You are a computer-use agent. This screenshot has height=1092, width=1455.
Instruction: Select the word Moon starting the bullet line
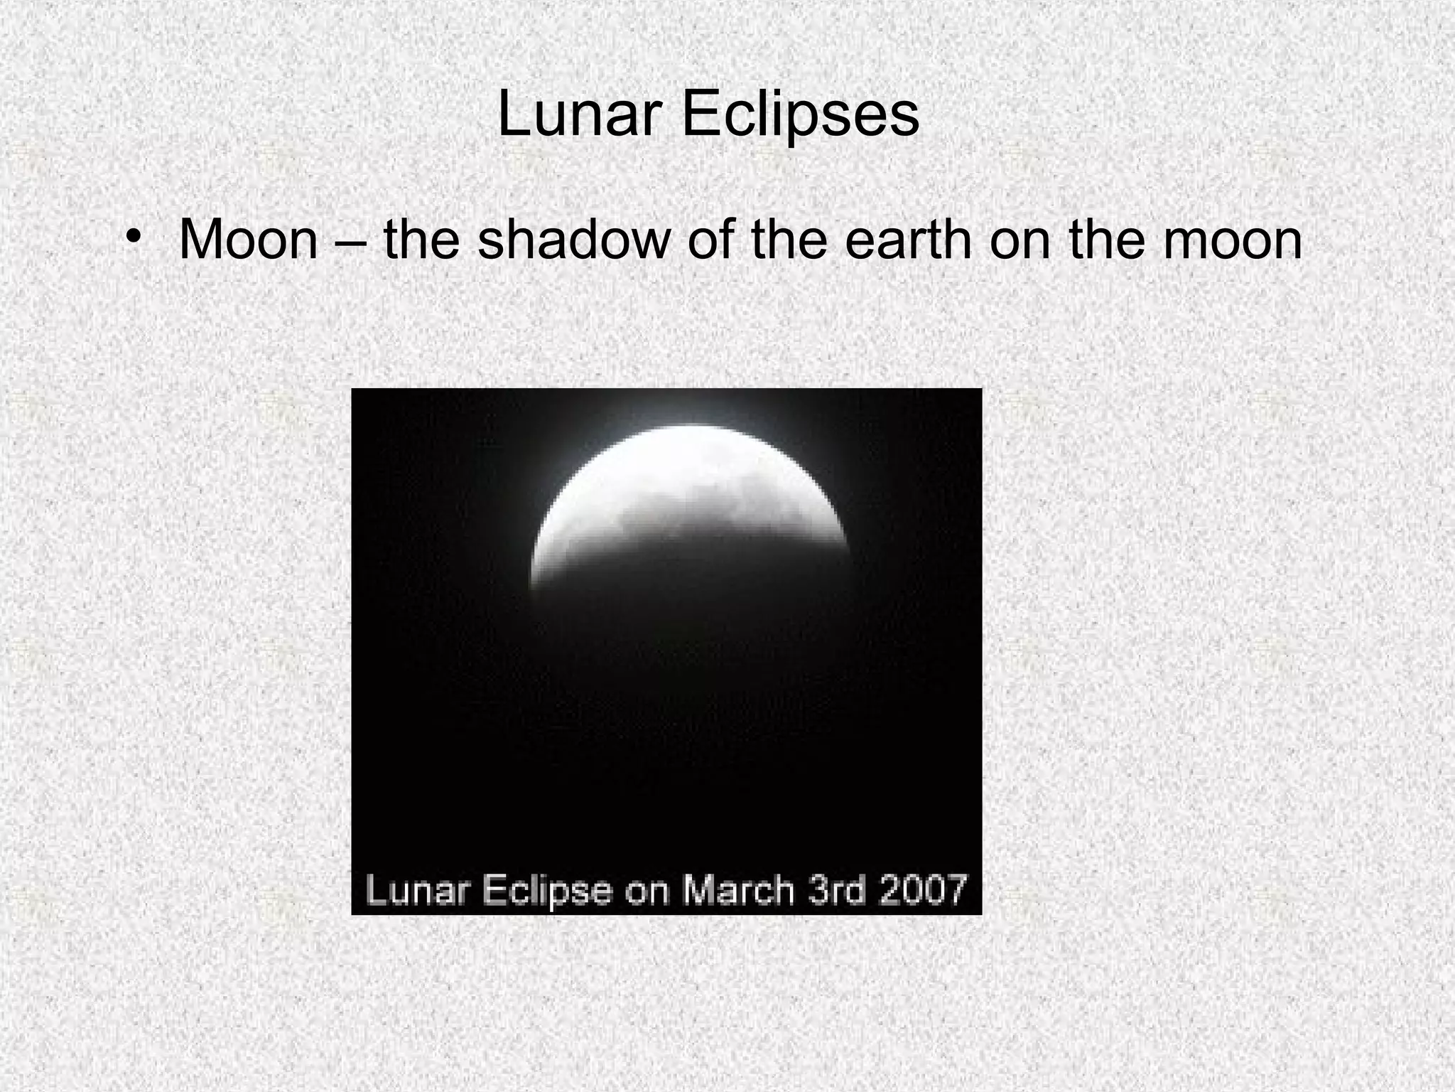click(x=249, y=240)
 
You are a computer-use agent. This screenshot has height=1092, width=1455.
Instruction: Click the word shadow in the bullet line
click(x=574, y=240)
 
